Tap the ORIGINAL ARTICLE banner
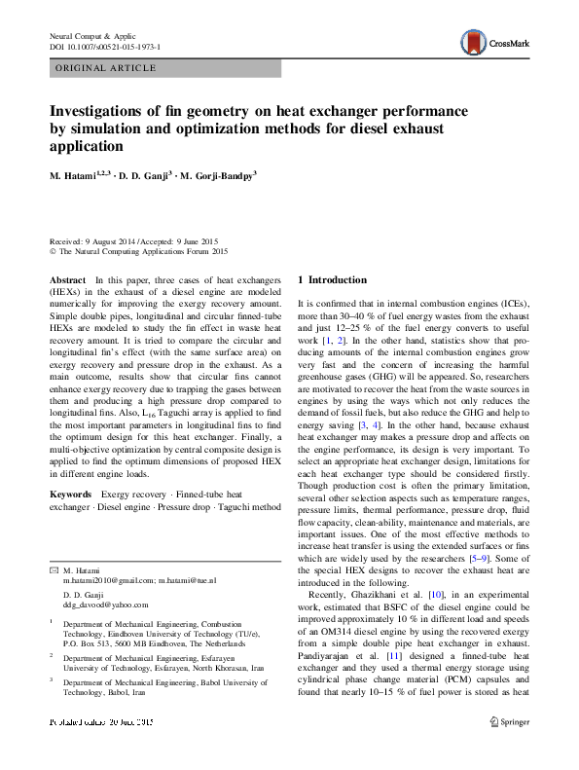pos(106,68)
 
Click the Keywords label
pos(70,495)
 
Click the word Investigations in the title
pos(103,110)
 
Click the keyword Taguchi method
pos(248,507)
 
